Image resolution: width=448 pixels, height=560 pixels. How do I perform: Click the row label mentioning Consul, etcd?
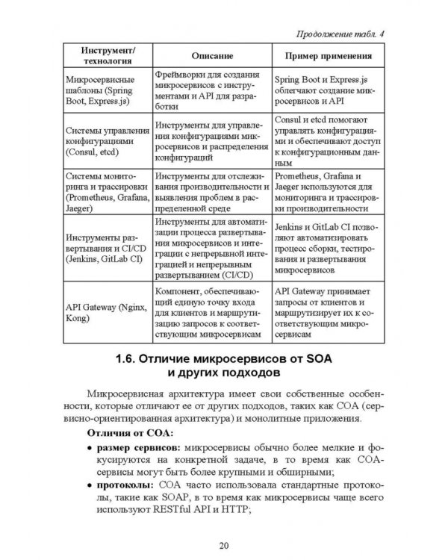point(104,139)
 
